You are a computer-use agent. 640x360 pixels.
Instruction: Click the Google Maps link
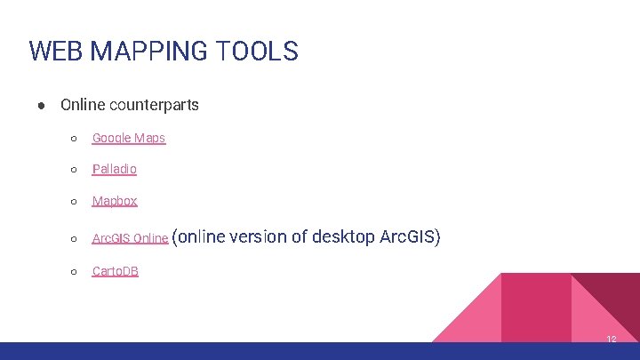pos(129,138)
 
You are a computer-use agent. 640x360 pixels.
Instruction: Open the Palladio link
pos(115,169)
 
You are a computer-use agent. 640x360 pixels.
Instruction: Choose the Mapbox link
pos(115,201)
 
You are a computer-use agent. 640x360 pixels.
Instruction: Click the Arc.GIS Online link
pos(130,238)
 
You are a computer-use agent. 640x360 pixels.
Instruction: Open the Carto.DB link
pos(116,271)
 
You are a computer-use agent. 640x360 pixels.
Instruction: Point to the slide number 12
pos(611,340)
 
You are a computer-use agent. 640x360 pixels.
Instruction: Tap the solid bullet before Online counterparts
pos(42,105)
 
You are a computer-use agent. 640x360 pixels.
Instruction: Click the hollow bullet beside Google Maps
pos(74,139)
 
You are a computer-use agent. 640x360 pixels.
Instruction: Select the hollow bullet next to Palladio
pos(74,170)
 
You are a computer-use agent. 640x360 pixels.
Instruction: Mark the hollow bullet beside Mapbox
pos(74,202)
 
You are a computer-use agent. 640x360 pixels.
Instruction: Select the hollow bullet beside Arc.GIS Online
pos(74,238)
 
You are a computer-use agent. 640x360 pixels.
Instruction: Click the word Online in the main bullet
pos(82,105)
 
